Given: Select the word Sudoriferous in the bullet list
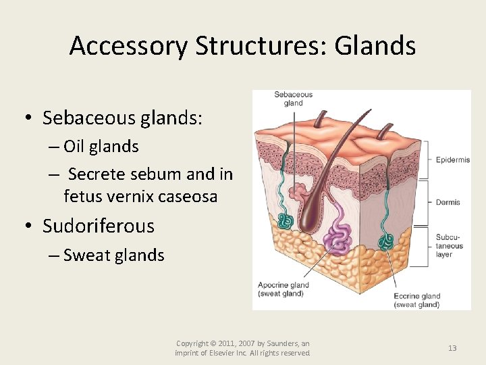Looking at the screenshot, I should coord(99,226).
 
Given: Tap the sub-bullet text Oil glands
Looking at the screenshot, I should coord(101,147).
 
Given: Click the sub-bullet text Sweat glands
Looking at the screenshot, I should coord(113,255).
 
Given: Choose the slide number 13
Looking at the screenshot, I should coord(452,348).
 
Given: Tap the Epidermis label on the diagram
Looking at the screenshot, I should coord(453,160).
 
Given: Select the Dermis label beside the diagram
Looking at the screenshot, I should coord(448,202).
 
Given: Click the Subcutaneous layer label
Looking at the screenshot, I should coord(450,246).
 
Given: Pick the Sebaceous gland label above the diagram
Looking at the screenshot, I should coord(293,99).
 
